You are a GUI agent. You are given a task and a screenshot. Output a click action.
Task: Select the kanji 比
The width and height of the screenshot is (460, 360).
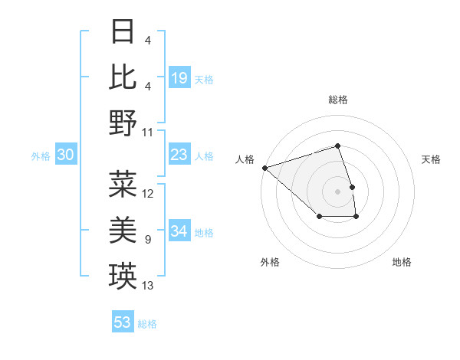[x=123, y=77]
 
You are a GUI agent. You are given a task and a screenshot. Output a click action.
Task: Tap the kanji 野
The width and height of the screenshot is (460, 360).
[x=123, y=123]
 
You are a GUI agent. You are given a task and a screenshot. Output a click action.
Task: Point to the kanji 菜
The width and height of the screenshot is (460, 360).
[x=123, y=184]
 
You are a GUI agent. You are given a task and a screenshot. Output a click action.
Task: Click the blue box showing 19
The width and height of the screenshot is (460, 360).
[x=179, y=78]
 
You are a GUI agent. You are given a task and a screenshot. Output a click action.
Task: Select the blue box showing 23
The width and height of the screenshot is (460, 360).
[x=179, y=155]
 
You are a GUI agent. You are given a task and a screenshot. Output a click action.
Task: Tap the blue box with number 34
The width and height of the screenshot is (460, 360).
[x=179, y=232]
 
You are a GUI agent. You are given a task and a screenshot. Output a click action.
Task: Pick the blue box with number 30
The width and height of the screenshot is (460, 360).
[x=66, y=155]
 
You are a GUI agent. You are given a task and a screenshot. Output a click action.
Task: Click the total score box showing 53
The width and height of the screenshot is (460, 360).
[x=123, y=322]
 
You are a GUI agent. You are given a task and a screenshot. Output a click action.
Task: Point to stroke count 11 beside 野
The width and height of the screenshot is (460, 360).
[x=148, y=132]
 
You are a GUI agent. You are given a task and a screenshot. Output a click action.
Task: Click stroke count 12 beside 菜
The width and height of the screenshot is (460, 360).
[x=148, y=193]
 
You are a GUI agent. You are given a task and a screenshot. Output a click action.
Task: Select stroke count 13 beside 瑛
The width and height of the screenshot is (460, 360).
[x=148, y=286]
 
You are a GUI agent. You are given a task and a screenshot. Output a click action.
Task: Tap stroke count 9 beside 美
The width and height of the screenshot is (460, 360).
[x=147, y=240]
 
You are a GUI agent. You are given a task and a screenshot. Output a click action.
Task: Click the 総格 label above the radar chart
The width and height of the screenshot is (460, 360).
[x=338, y=100]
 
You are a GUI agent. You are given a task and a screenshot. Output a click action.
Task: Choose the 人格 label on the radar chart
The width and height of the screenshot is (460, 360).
[x=245, y=159]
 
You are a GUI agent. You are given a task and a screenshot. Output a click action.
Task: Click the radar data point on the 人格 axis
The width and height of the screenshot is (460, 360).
[x=264, y=168]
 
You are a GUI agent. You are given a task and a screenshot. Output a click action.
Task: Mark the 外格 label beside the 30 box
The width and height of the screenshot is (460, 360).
[x=41, y=156]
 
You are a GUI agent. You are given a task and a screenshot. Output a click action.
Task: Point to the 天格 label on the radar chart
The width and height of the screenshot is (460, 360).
[x=432, y=159]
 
